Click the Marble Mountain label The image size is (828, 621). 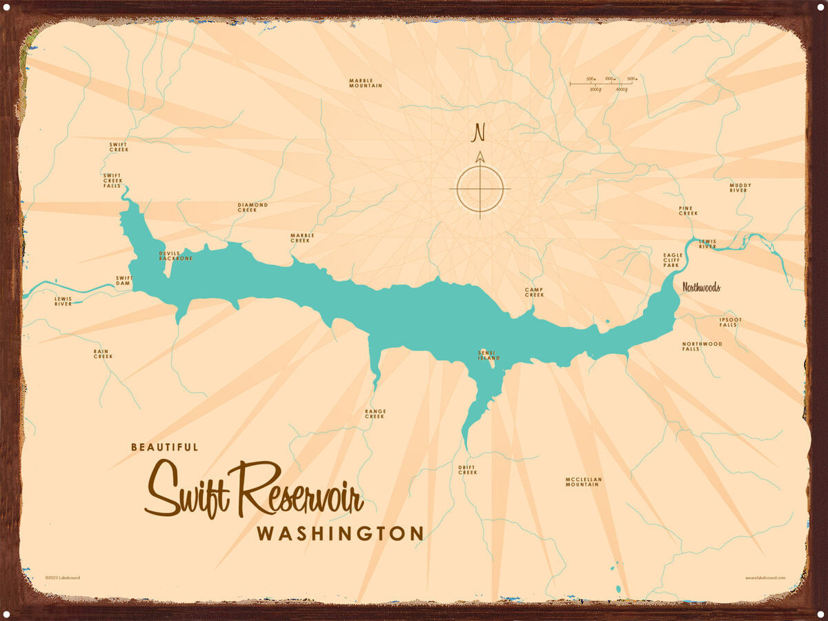(x=365, y=83)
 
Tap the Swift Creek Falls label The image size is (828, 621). (x=112, y=181)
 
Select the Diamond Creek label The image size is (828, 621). (x=252, y=207)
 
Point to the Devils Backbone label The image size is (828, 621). (x=175, y=256)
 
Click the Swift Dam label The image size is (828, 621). (x=123, y=280)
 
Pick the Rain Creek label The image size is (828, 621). (x=103, y=354)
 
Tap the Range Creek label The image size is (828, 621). (x=375, y=414)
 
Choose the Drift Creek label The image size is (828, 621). (x=467, y=470)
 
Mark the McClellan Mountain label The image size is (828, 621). (x=582, y=482)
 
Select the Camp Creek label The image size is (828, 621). (x=534, y=292)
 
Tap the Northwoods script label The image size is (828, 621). (x=701, y=287)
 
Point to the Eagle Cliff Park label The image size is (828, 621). (x=673, y=260)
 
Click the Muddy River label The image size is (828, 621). (x=740, y=188)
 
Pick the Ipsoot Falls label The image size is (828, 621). (x=728, y=322)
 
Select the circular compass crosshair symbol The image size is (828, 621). (x=480, y=188)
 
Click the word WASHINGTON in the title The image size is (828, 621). (x=339, y=533)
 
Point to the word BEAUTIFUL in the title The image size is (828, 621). (x=164, y=447)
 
